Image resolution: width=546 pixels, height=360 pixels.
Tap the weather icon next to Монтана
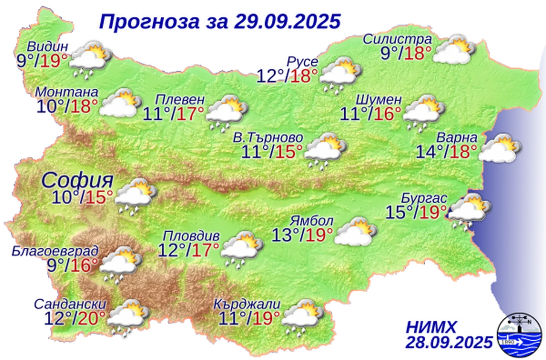click(x=120, y=104)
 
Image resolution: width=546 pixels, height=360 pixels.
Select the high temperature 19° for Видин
click(x=54, y=61)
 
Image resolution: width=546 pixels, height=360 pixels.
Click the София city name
click(x=77, y=180)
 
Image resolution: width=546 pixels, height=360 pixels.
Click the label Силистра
click(x=398, y=39)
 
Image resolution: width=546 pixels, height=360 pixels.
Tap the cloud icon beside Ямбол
click(x=356, y=232)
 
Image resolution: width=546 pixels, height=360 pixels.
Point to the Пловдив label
click(x=192, y=236)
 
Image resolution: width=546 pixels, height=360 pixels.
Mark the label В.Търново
click(x=268, y=137)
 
